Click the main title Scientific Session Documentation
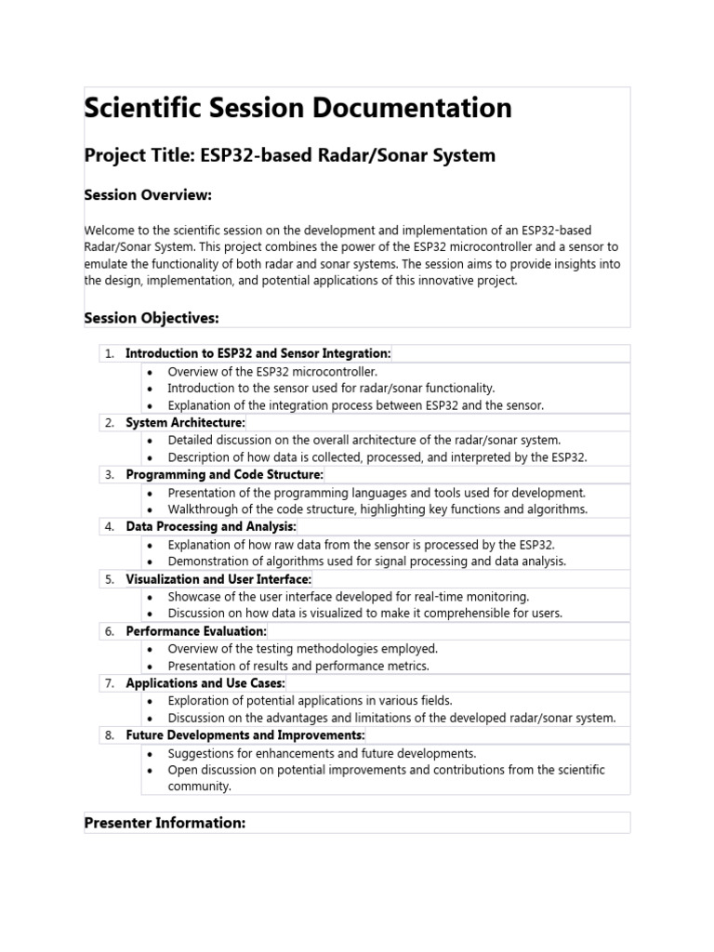pyautogui.click(x=297, y=108)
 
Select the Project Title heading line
pyautogui.click(x=289, y=155)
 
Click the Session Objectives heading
pyautogui.click(x=151, y=318)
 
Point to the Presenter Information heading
pyautogui.click(x=165, y=823)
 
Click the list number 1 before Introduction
pyautogui.click(x=109, y=353)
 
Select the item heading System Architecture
pyautogui.click(x=185, y=423)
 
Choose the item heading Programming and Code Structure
pyautogui.click(x=224, y=475)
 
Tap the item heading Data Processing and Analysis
pyautogui.click(x=210, y=527)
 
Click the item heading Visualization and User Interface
pyautogui.click(x=218, y=579)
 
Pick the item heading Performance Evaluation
pyautogui.click(x=195, y=631)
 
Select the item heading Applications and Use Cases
pyautogui.click(x=205, y=683)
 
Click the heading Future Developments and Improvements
pyautogui.click(x=245, y=735)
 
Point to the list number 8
pyautogui.click(x=109, y=735)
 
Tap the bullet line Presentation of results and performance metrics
pyautogui.click(x=298, y=666)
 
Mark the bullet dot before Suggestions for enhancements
pyautogui.click(x=151, y=753)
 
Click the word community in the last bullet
pyautogui.click(x=199, y=787)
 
